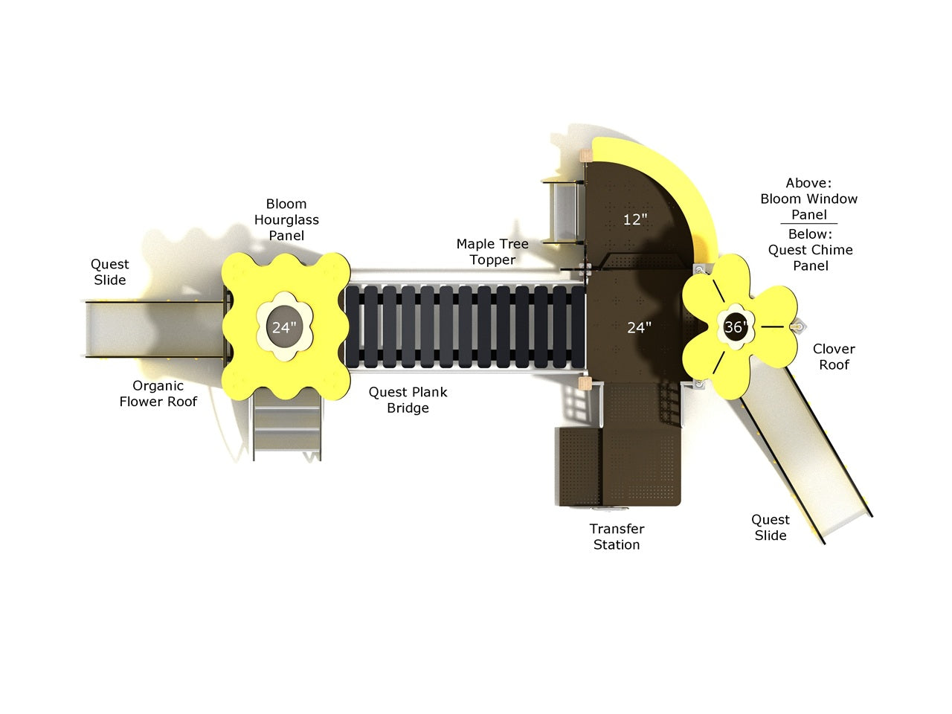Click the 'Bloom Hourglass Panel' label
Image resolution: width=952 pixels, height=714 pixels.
pyautogui.click(x=286, y=220)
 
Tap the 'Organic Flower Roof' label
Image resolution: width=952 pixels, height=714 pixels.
pyautogui.click(x=158, y=393)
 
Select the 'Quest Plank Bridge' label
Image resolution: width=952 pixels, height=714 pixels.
pyautogui.click(x=408, y=399)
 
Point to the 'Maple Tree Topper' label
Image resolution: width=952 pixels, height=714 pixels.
pyautogui.click(x=492, y=252)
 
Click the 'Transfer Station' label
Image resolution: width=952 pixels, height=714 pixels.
pyautogui.click(x=617, y=537)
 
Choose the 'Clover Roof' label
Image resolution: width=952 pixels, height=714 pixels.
pyautogui.click(x=834, y=357)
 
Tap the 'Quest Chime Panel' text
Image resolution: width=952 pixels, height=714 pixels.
pyautogui.click(x=810, y=258)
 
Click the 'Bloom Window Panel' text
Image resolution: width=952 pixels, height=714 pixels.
pyautogui.click(x=809, y=206)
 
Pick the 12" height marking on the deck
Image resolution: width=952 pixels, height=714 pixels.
pyautogui.click(x=635, y=219)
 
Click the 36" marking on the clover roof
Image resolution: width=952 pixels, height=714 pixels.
pyautogui.click(x=735, y=327)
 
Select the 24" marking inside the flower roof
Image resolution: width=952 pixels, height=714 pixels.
pyautogui.click(x=284, y=327)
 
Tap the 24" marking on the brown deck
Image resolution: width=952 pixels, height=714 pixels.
pyautogui.click(x=639, y=328)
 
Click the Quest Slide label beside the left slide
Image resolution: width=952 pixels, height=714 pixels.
pyautogui.click(x=110, y=271)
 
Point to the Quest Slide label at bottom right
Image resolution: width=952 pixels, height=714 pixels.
pyautogui.click(x=771, y=527)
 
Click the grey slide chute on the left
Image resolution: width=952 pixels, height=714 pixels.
pyautogui.click(x=155, y=329)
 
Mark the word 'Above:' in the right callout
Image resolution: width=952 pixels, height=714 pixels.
pyautogui.click(x=808, y=183)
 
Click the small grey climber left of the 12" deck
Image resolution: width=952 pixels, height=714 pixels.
pyautogui.click(x=563, y=211)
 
